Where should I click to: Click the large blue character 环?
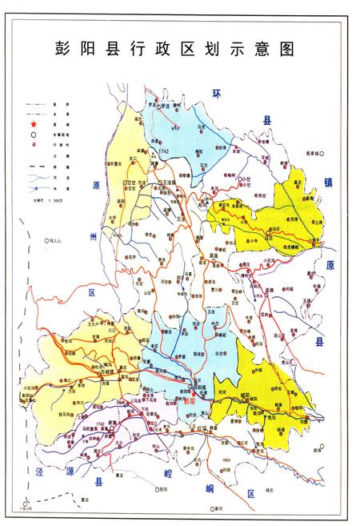[216, 94]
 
